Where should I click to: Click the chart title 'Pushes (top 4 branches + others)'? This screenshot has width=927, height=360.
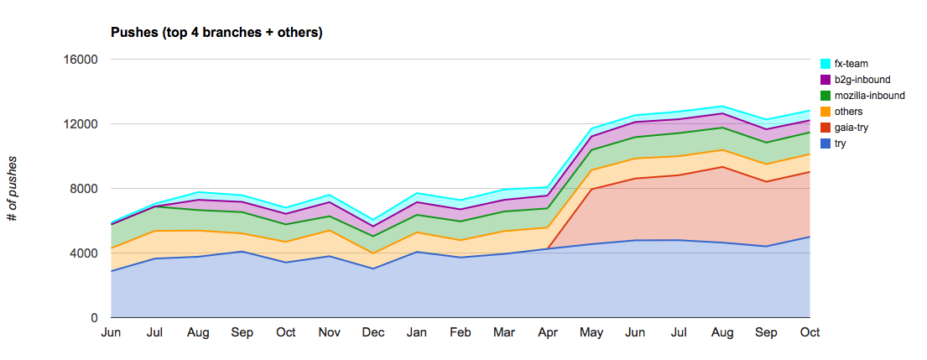point(217,33)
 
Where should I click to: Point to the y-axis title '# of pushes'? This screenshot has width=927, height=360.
point(13,189)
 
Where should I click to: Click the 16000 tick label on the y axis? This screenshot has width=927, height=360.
point(82,60)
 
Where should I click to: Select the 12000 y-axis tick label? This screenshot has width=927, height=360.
point(82,124)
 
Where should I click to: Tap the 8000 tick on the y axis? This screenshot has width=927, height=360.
point(86,189)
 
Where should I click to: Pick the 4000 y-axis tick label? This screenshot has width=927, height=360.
point(86,253)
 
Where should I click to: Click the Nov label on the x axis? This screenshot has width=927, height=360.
point(330,332)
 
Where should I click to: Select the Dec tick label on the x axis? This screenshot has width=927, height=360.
point(373,332)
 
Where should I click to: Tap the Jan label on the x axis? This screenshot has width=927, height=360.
point(417,332)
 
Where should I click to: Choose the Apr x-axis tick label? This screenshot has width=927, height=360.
point(548,332)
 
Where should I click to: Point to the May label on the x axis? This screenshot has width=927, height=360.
point(591,332)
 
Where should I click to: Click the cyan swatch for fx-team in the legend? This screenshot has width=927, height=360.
point(825,64)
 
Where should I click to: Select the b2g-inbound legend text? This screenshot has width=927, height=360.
point(862,80)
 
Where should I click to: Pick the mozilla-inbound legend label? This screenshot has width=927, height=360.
point(870,96)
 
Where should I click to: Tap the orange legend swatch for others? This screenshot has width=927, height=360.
point(825,112)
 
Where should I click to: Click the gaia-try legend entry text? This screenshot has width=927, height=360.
point(852,128)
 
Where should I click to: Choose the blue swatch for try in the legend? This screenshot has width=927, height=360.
point(825,143)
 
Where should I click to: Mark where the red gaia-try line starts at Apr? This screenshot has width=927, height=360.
point(548,248)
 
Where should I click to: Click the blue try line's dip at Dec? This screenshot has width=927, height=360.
point(373,269)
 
